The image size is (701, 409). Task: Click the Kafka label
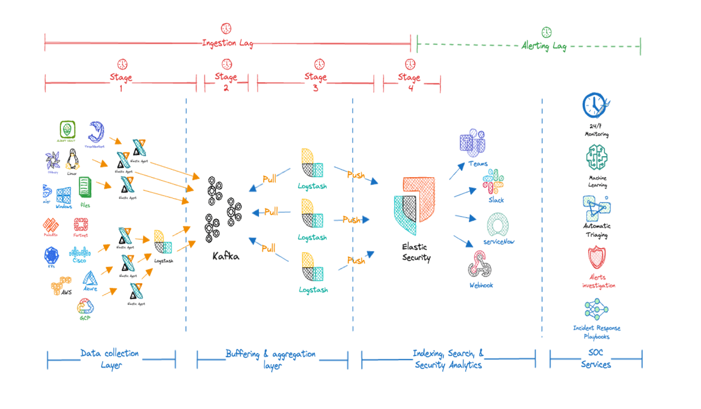(x=226, y=256)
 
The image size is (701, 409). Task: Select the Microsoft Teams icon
(x=472, y=143)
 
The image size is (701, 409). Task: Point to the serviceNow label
(x=499, y=242)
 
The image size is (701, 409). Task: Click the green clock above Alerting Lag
(x=547, y=32)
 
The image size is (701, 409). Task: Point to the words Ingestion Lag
(x=228, y=43)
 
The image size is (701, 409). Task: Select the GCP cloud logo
(x=85, y=307)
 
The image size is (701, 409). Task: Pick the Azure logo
(x=91, y=279)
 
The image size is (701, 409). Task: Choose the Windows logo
(x=63, y=196)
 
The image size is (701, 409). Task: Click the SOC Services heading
(x=596, y=359)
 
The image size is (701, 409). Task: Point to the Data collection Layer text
(x=111, y=359)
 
